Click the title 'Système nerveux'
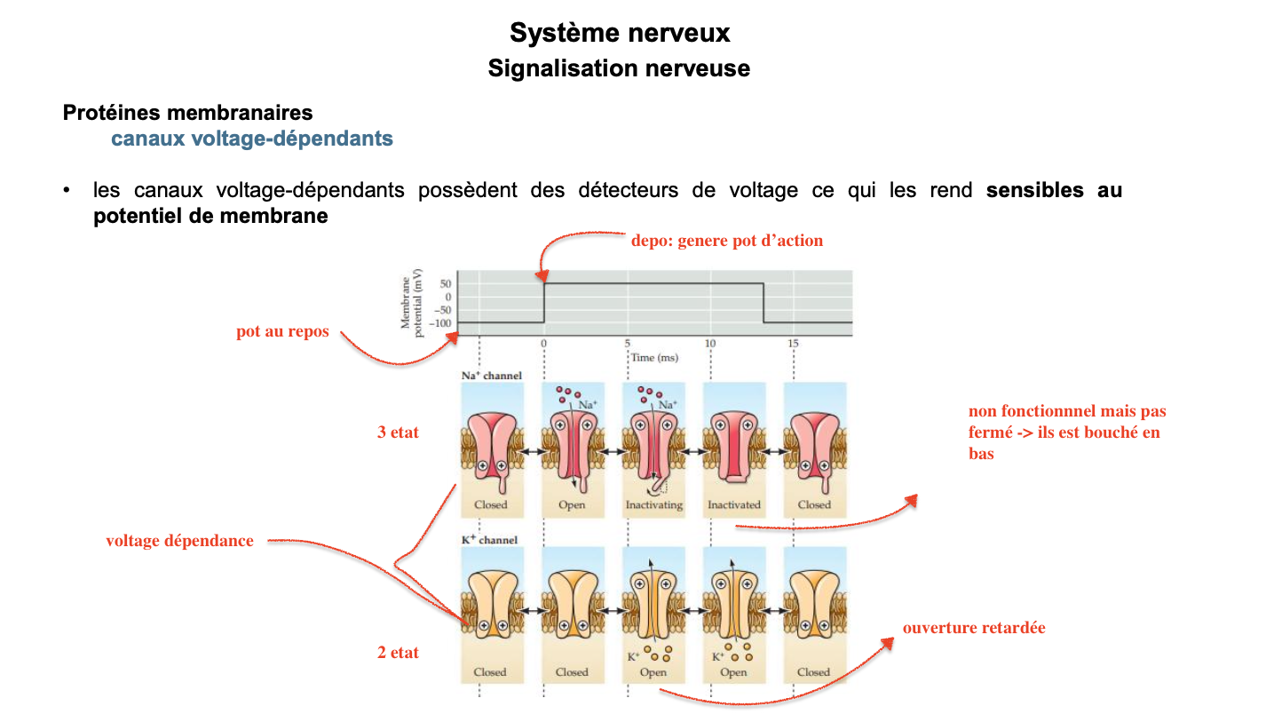[x=620, y=33]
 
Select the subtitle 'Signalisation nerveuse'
[x=619, y=68]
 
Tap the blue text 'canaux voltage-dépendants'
[x=252, y=139]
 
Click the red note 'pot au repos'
[x=282, y=332]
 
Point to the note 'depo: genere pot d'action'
[x=726, y=241]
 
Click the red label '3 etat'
[x=398, y=433]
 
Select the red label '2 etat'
[x=398, y=653]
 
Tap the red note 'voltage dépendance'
[x=179, y=541]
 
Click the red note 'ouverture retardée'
[x=974, y=628]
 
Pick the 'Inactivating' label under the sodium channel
[x=653, y=504]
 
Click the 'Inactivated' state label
[x=734, y=504]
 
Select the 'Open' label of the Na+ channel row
[x=572, y=504]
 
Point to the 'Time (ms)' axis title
[x=655, y=357]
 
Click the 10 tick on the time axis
[x=710, y=344]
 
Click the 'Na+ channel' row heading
[x=491, y=376]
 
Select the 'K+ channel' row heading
[x=488, y=540]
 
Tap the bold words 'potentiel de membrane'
[x=210, y=216]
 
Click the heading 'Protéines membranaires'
[x=187, y=113]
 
